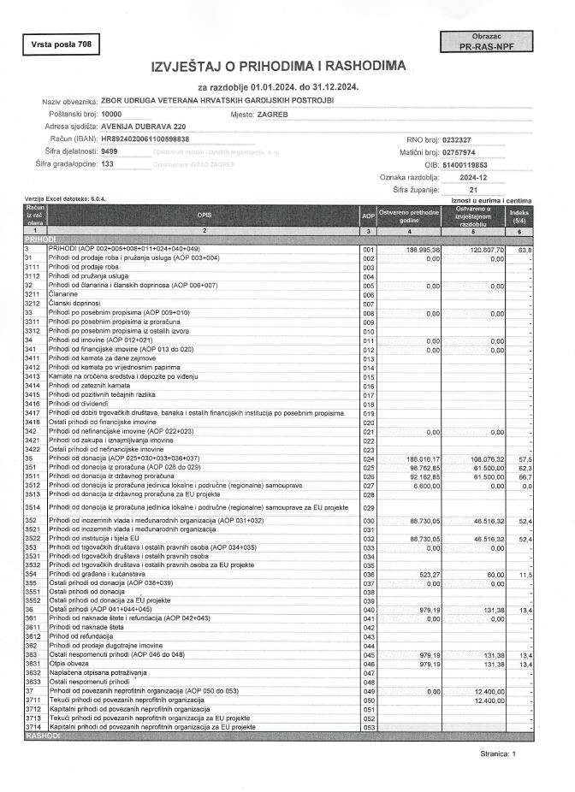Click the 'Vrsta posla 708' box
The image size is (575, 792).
59,43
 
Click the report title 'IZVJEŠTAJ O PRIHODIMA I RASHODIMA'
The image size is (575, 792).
279,67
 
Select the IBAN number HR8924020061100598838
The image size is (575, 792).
145,138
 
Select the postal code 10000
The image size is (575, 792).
111,114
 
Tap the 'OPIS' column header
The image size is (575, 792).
204,216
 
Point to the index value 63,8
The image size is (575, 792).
524,250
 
